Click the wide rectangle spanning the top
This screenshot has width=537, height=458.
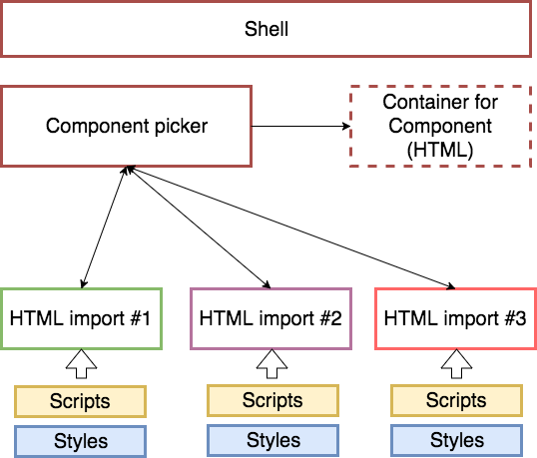[266, 29]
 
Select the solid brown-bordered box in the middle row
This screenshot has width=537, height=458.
[126, 126]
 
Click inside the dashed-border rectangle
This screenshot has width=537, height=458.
[440, 126]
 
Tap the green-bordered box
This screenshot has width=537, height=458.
[81, 318]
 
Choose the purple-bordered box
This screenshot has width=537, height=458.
[270, 318]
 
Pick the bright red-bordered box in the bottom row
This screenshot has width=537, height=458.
[455, 318]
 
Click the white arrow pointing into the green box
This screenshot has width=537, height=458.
[82, 364]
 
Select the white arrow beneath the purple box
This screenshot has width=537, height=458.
[271, 364]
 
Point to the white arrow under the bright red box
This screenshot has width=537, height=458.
[456, 364]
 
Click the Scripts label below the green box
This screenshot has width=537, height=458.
[80, 401]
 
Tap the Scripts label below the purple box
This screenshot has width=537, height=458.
[272, 400]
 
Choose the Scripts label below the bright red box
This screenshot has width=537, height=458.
[456, 400]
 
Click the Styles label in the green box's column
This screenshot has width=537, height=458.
[80, 441]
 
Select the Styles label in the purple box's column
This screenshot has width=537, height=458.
[272, 440]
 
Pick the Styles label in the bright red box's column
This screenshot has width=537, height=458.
[456, 440]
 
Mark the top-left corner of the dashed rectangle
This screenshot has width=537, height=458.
[350, 87]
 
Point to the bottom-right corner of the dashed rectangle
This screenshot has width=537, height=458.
[530, 166]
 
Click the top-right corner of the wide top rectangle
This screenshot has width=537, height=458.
[530, 2]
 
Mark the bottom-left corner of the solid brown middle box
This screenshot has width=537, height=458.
[2, 166]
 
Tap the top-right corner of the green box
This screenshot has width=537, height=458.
[161, 289]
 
